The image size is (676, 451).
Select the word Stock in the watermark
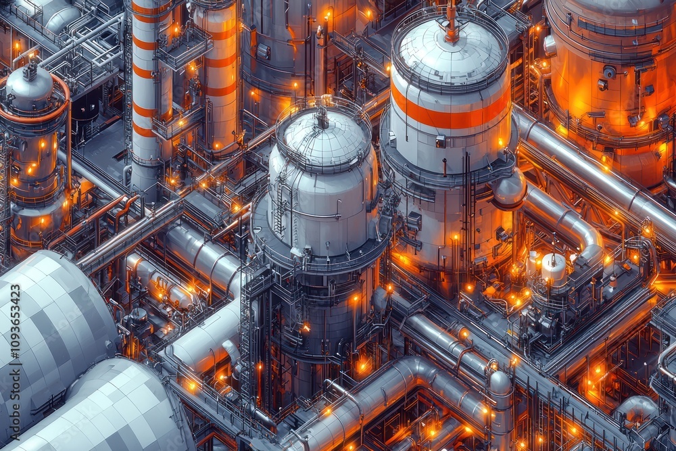(x=16, y=389)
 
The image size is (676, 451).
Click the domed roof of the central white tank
(x=323, y=139)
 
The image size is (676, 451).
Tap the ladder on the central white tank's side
(x=281, y=203)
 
